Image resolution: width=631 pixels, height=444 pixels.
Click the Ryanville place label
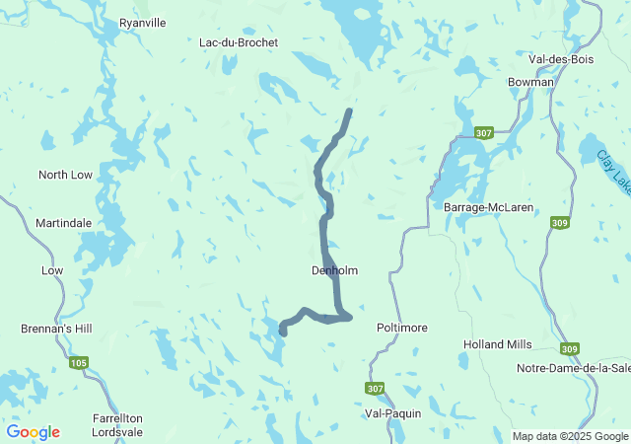click(144, 22)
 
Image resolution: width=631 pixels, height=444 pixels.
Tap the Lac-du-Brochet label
click(239, 42)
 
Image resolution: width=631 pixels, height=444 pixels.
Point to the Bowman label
click(530, 82)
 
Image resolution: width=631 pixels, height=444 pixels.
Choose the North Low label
click(65, 175)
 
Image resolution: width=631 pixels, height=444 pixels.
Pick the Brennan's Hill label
click(55, 328)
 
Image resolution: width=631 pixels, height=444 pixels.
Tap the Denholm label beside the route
click(334, 270)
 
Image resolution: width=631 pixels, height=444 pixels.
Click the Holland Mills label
click(497, 344)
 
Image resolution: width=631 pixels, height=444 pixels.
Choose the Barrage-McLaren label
click(488, 208)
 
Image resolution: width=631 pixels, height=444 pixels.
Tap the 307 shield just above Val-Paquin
click(374, 388)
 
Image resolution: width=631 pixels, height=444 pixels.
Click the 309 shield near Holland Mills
click(570, 348)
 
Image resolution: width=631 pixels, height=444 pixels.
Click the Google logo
click(33, 432)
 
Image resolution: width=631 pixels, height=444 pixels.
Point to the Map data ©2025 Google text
click(570, 436)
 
